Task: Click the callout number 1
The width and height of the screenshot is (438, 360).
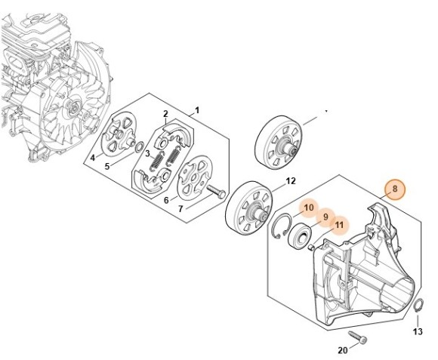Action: coord(197,109)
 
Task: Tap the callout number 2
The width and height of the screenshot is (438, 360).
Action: coord(165,114)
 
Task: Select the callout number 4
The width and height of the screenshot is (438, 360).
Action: coord(92,158)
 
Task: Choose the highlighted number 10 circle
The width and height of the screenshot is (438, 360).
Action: coord(309,208)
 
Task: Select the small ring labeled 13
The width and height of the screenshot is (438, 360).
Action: coord(418,306)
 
